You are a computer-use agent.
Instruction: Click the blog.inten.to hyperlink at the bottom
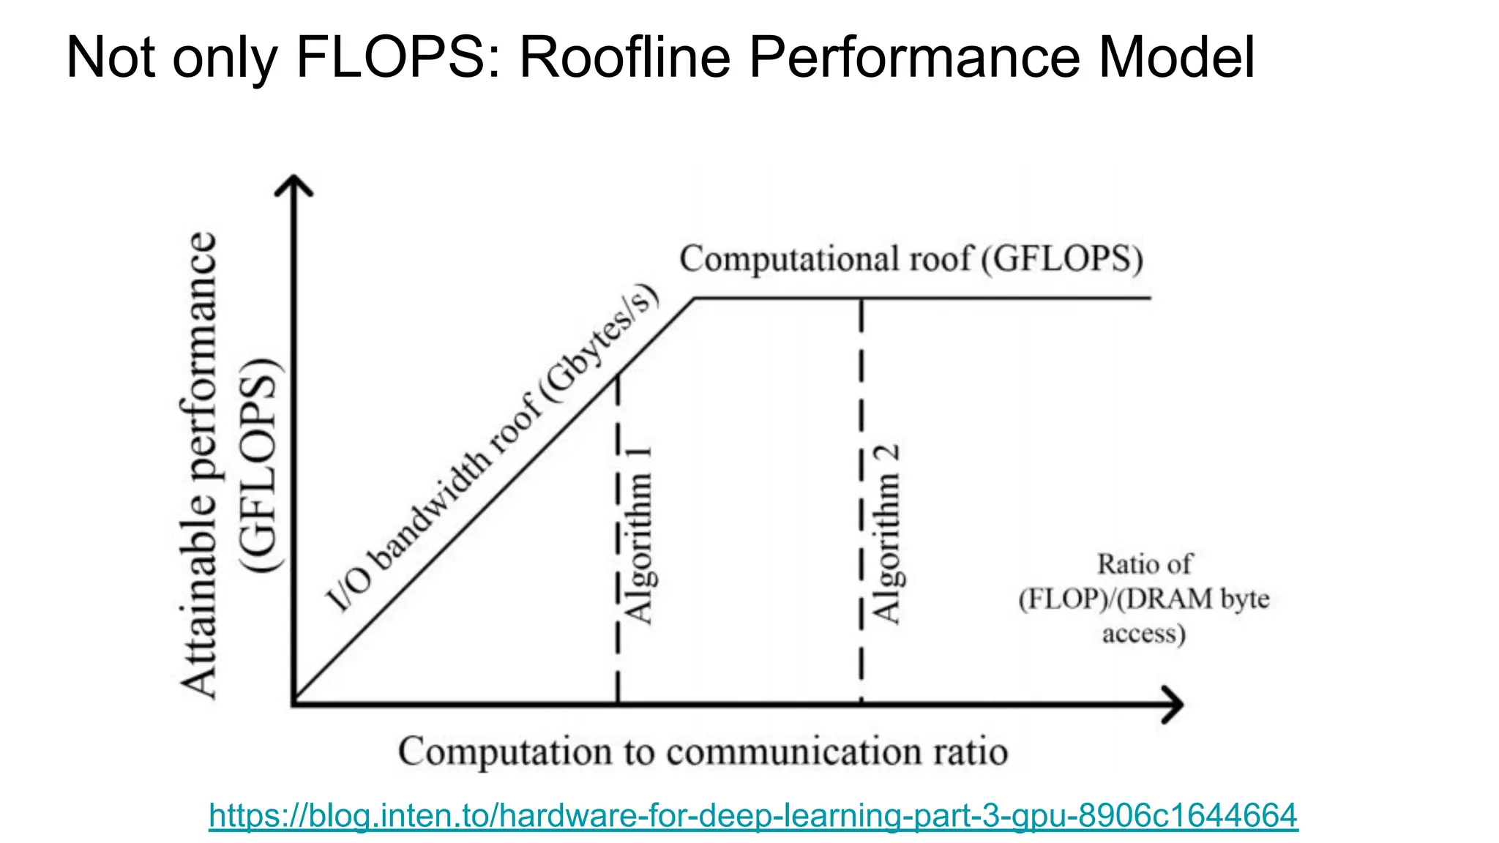[x=753, y=815]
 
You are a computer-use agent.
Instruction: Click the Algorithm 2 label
[x=886, y=534]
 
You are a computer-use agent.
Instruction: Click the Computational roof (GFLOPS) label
[x=911, y=259]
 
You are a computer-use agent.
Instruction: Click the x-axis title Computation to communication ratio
[x=703, y=752]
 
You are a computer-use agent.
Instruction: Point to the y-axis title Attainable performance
[x=199, y=465]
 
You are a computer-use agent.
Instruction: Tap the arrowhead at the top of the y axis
[x=294, y=183]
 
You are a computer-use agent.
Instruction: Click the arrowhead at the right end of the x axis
[x=1174, y=705]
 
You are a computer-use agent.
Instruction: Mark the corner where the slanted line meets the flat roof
[x=694, y=299]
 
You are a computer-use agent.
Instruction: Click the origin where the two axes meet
[x=294, y=704]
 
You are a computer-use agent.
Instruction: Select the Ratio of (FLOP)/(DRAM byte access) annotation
[x=1144, y=599]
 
